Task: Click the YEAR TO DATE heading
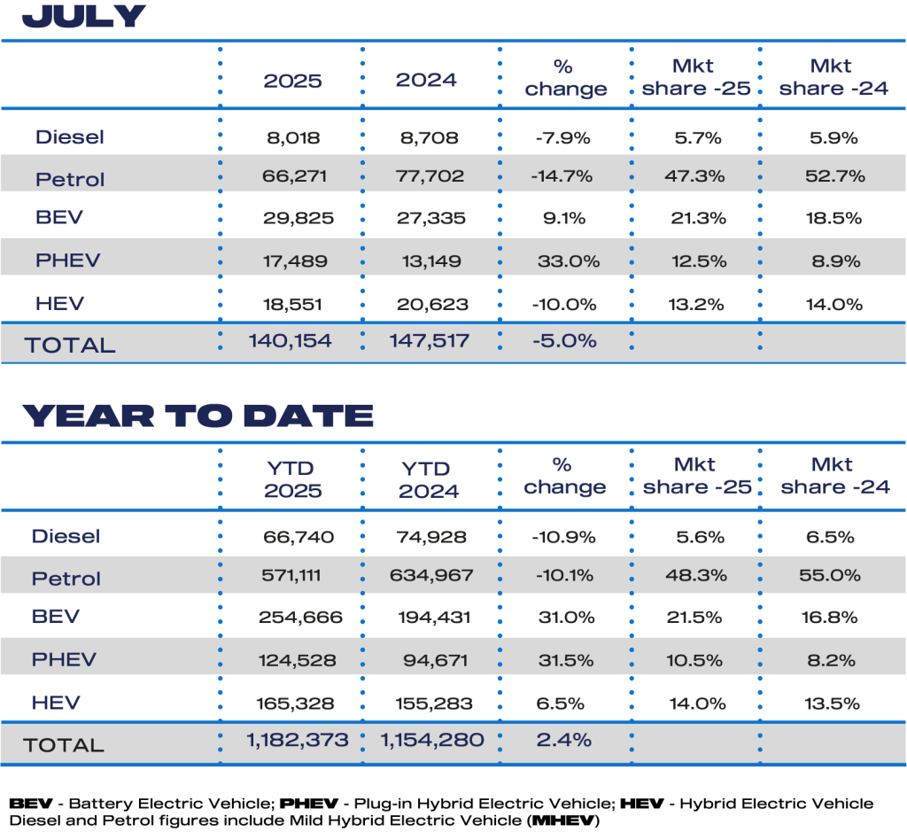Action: coord(198,415)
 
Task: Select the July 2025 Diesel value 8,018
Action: coord(293,137)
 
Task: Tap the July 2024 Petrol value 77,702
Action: coord(430,176)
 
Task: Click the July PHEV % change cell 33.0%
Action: coord(568,261)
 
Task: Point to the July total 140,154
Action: coord(292,340)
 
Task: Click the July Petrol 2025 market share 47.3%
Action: coord(696,176)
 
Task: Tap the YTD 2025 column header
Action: coord(293,478)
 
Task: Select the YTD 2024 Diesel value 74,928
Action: coord(430,536)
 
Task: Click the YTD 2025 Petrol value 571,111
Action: coord(293,575)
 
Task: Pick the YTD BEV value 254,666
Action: coord(293,618)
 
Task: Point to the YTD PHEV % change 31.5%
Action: coord(566,659)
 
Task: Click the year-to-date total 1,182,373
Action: coord(293,739)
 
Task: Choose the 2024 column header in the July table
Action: coord(427,80)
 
